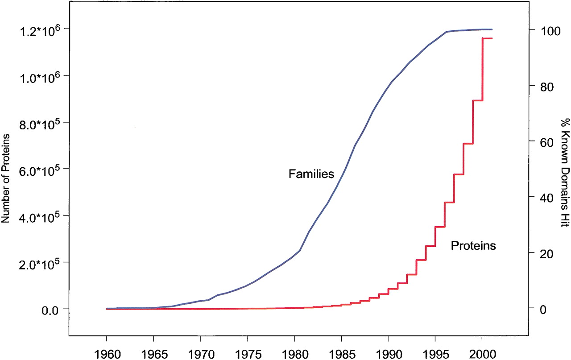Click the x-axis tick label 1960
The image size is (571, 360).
pos(108,354)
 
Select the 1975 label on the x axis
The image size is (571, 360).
pos(248,354)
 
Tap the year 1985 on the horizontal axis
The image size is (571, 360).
pos(342,354)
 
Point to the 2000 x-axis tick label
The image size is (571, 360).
pos(483,354)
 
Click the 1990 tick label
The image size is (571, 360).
pos(389,354)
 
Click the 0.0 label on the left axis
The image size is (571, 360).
pos(50,310)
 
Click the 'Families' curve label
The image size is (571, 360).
pos(311,174)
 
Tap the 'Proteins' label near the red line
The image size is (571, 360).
pos(473,245)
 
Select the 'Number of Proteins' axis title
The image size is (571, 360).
pos(5,178)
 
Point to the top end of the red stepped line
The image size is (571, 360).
pos(492,38)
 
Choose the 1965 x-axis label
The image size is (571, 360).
pos(154,354)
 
